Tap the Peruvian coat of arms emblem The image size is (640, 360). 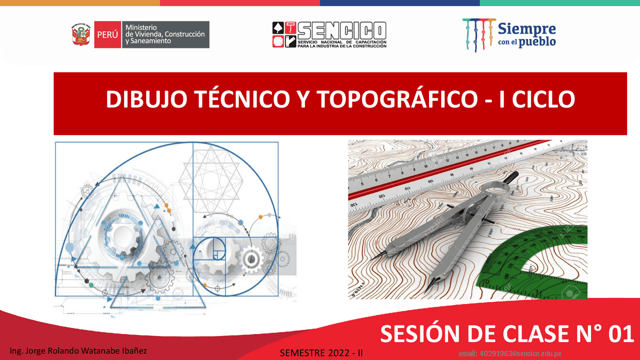click(x=81, y=34)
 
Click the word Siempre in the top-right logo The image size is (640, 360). click(x=526, y=28)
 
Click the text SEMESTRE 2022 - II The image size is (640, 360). click(x=321, y=352)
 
